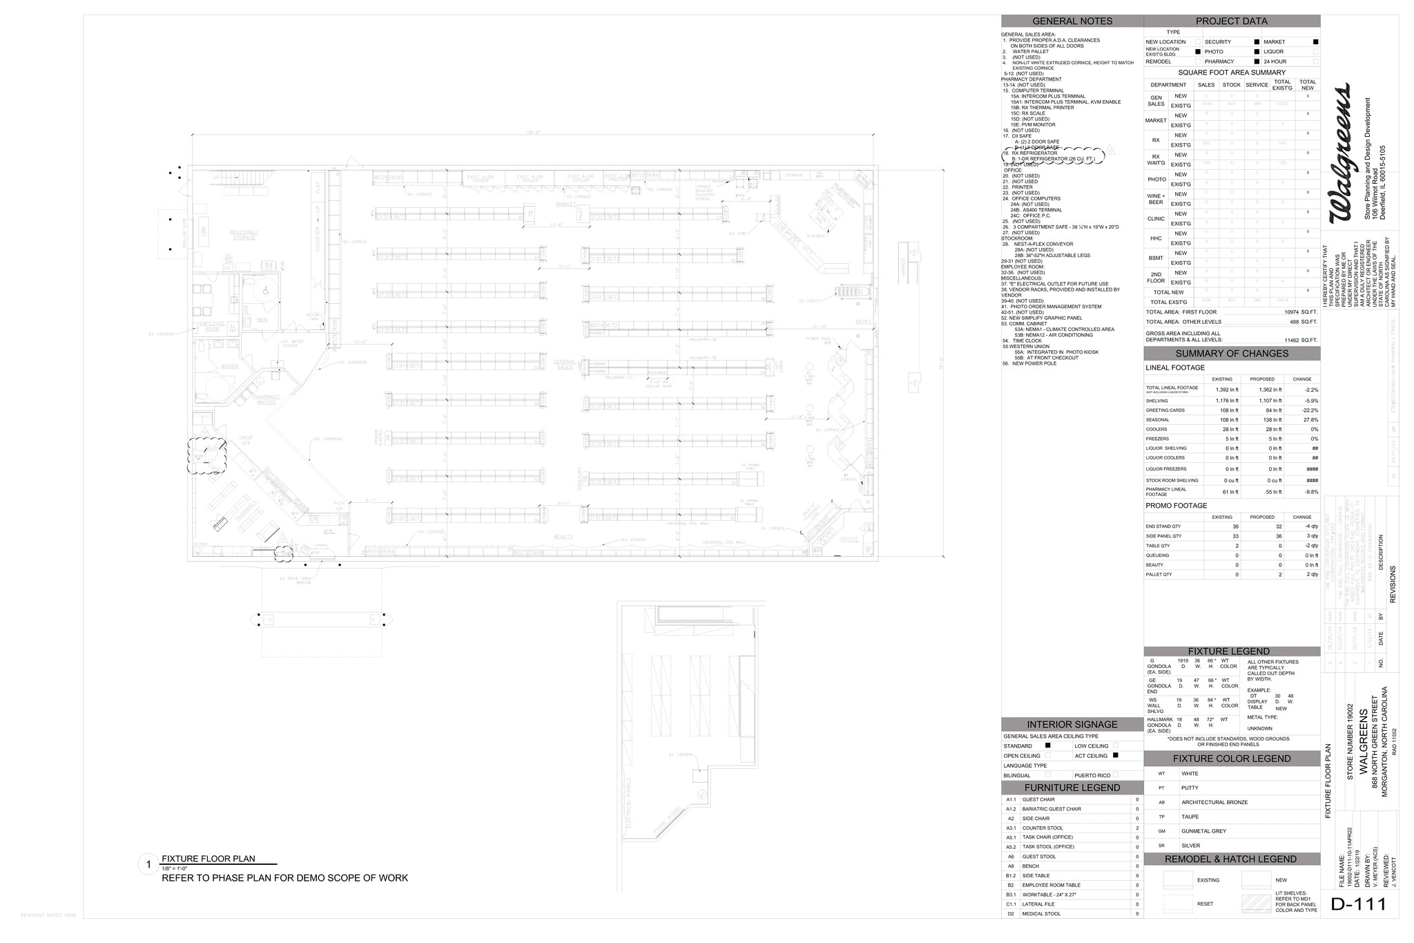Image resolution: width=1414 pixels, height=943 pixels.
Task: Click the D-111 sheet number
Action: coord(1358,904)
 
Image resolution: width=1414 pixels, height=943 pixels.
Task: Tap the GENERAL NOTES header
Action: coord(1072,21)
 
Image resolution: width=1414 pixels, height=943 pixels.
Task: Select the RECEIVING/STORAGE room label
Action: coord(243,236)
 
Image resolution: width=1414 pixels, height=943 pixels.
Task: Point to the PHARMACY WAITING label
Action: coord(266,399)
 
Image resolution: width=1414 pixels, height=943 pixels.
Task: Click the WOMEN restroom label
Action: coord(229,366)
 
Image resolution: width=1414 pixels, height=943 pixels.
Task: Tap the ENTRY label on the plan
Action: coord(863,322)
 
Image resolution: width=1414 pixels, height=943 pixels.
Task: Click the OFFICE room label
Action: coord(849,540)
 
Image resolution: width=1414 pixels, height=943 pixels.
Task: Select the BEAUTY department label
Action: coord(563,537)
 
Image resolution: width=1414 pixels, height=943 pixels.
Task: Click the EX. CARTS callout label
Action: coord(808,301)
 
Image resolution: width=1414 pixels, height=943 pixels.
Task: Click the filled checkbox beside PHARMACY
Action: coord(1257,61)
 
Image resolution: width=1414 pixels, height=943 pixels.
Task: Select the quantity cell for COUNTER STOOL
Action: coord(1137,828)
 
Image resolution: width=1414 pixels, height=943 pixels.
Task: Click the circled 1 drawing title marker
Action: coord(148,864)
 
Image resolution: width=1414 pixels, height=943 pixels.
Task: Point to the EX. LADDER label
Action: coord(680,754)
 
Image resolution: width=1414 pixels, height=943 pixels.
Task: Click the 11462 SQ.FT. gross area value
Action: coord(1301,340)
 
